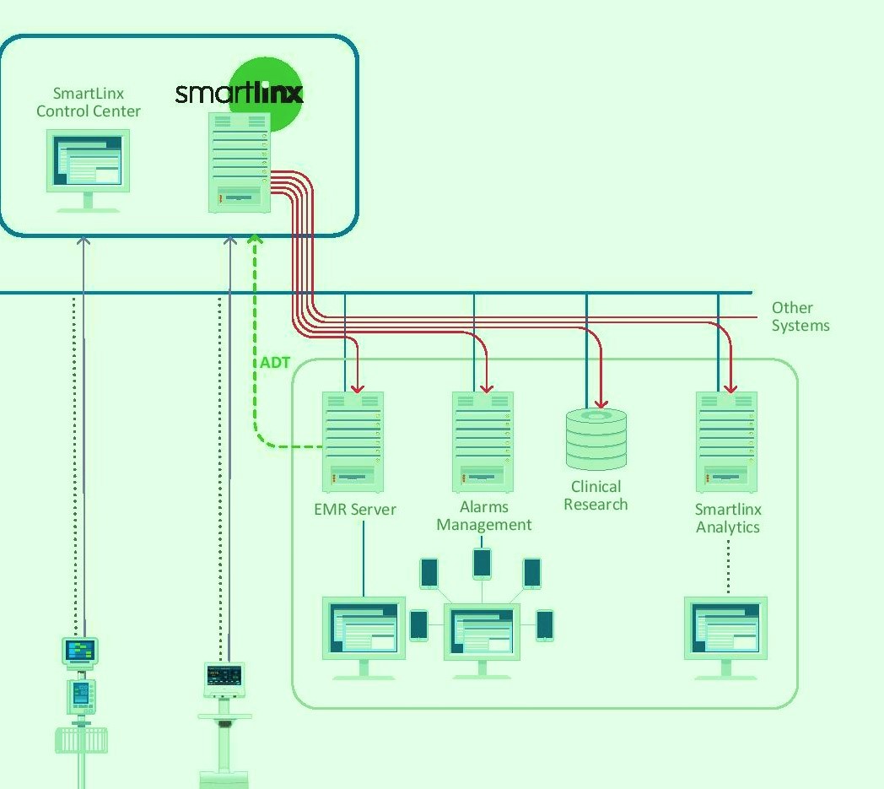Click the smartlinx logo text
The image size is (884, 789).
(239, 93)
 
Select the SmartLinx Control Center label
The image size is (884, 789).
(89, 102)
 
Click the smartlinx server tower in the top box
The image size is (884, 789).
(239, 161)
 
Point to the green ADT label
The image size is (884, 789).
(275, 363)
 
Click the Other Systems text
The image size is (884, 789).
(800, 316)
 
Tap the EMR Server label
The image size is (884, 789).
(355, 510)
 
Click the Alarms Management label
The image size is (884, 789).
(483, 516)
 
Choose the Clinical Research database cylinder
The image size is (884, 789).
(596, 439)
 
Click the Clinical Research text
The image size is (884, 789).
(596, 495)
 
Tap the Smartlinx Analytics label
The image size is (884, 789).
(728, 518)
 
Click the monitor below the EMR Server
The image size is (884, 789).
(364, 635)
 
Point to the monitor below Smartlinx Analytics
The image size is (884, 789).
(726, 635)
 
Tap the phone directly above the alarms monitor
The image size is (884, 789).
(482, 563)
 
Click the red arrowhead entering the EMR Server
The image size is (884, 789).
(358, 387)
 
